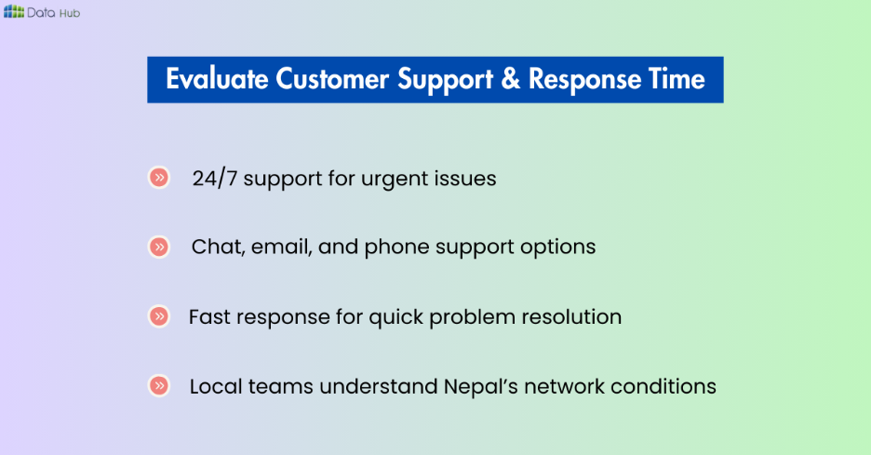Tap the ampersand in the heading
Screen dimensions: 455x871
click(x=510, y=80)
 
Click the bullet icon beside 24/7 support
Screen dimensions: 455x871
click(x=160, y=178)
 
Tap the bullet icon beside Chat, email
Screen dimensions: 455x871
click(x=160, y=247)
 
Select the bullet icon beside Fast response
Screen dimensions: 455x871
click(x=160, y=316)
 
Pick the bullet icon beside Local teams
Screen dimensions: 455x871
click(x=160, y=385)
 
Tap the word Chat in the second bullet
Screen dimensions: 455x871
click(x=214, y=248)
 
